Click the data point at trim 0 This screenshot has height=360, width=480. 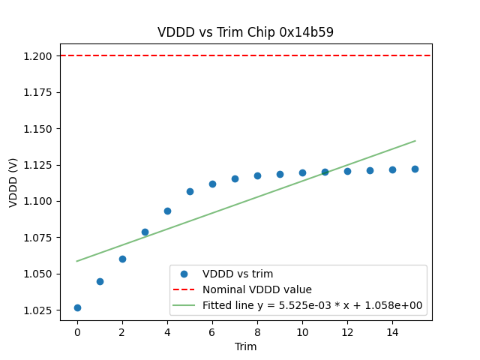coord(77,307)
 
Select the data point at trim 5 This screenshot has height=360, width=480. coord(190,191)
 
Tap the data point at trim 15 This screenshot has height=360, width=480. coord(415,169)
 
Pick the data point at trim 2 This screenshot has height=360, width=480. coord(122,259)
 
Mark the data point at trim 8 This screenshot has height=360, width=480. coord(257,175)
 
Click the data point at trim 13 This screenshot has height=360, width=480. coord(370,170)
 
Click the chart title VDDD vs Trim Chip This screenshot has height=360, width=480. coord(245,32)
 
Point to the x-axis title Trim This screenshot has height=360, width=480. coord(246,346)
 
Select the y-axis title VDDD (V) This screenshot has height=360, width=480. coord(13,182)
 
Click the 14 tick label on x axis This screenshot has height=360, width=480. coord(392,332)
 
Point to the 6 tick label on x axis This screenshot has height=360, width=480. coord(212,332)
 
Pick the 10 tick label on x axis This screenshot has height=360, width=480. coord(302,332)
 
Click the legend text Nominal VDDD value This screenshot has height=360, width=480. coord(257,289)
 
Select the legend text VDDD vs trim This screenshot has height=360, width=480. coord(238,274)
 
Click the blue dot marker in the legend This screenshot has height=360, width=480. coord(184,274)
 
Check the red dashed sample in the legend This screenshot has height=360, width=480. coord(184,289)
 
